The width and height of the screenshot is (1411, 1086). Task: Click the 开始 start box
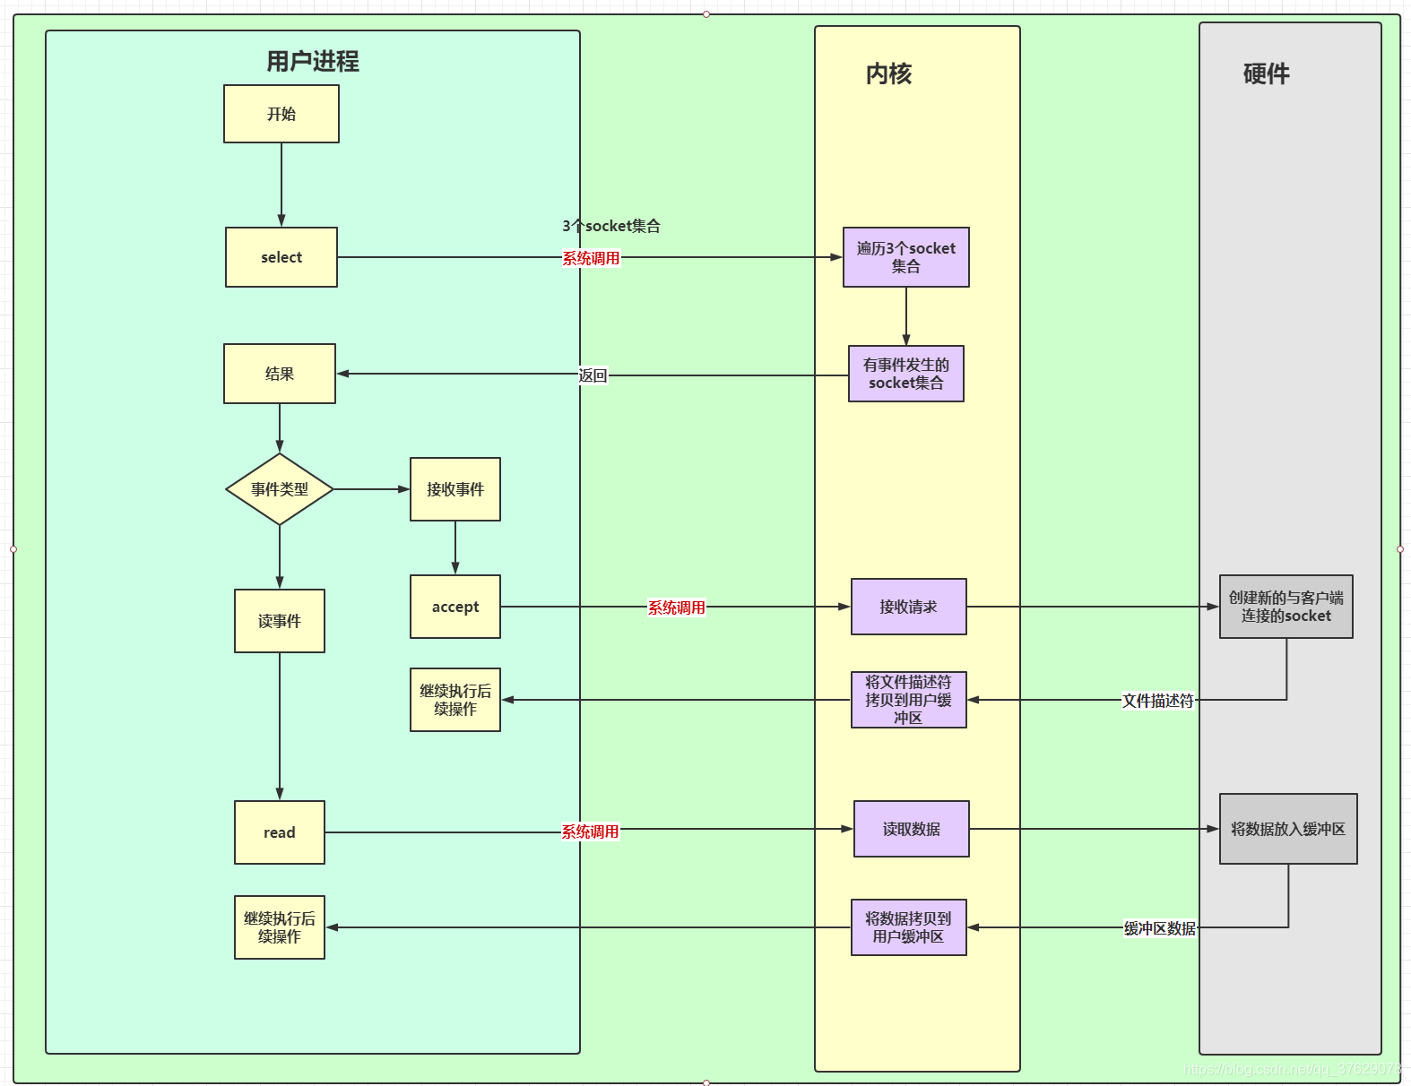(x=281, y=114)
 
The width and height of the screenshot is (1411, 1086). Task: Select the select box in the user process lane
(x=281, y=257)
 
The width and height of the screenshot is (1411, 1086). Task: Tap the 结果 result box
(x=279, y=374)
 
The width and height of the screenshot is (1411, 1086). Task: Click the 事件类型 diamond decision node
(x=279, y=489)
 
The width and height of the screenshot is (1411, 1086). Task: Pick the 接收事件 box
(x=454, y=489)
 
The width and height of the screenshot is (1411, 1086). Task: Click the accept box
(x=454, y=607)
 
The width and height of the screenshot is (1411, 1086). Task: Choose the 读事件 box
(x=279, y=621)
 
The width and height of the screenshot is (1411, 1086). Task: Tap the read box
(x=279, y=832)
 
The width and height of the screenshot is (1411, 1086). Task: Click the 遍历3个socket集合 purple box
(x=905, y=257)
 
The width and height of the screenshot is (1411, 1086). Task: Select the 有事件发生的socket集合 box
(x=905, y=374)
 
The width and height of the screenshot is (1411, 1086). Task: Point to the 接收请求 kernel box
(x=908, y=607)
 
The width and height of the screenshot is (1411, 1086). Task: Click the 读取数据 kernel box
(x=911, y=829)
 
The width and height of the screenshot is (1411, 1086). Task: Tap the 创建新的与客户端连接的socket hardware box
(x=1285, y=607)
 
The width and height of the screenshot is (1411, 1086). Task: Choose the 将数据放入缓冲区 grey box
(x=1287, y=829)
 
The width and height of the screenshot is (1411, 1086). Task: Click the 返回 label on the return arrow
(x=593, y=375)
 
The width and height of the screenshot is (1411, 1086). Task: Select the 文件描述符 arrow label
(x=1157, y=701)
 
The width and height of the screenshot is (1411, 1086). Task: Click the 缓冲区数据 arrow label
(x=1159, y=928)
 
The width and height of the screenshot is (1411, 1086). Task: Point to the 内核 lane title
(x=888, y=73)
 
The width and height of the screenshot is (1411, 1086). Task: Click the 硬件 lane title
(x=1266, y=73)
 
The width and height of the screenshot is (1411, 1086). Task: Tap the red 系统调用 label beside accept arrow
(x=676, y=608)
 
